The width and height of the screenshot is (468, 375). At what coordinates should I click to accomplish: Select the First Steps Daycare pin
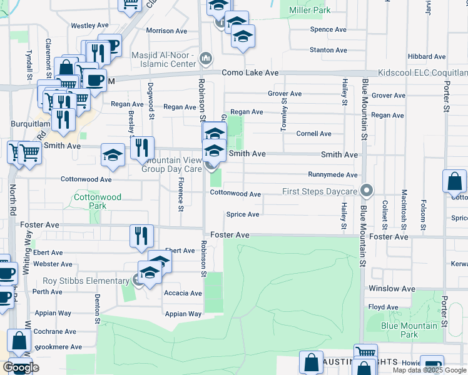pyautogui.click(x=368, y=191)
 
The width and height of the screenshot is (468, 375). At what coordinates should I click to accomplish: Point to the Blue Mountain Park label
pyautogui.click(x=410, y=330)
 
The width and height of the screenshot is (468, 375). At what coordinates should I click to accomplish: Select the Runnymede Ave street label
pyautogui.click(x=332, y=175)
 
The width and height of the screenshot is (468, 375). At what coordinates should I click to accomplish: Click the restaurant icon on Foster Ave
pyautogui.click(x=142, y=236)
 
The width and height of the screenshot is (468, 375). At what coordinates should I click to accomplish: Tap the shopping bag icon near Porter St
pyautogui.click(x=454, y=181)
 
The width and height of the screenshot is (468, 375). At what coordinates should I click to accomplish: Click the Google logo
pyautogui.click(x=21, y=367)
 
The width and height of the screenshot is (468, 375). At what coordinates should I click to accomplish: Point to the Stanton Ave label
pyautogui.click(x=328, y=50)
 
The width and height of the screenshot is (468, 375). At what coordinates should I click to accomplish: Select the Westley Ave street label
pyautogui.click(x=89, y=26)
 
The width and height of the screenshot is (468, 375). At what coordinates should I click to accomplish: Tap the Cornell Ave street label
pyautogui.click(x=313, y=134)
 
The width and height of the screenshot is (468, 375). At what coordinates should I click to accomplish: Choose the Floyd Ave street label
pyautogui.click(x=383, y=307)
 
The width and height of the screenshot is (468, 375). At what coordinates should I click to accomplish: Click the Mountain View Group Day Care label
pyautogui.click(x=171, y=164)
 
